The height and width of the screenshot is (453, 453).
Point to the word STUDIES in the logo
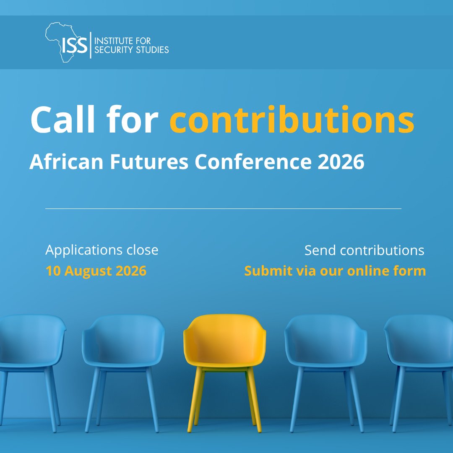pyautogui.click(x=152, y=49)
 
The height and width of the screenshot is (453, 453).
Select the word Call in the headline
pyautogui.click(x=62, y=119)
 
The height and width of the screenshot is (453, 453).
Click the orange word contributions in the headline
pyautogui.click(x=292, y=119)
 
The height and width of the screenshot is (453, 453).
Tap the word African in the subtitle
pyautogui.click(x=66, y=161)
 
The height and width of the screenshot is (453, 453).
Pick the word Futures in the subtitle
pyautogui.click(x=149, y=161)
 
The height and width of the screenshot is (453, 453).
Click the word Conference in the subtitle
pyautogui.click(x=253, y=161)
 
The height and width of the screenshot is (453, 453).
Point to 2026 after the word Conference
pyautogui.click(x=341, y=161)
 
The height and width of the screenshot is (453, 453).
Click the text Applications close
pyautogui.click(x=102, y=250)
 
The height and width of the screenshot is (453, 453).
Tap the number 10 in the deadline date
pyautogui.click(x=53, y=271)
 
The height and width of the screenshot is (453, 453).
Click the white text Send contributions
pyautogui.click(x=364, y=250)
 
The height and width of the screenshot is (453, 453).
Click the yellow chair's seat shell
pyautogui.click(x=225, y=341)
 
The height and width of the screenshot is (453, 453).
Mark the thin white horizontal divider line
pyautogui.click(x=223, y=208)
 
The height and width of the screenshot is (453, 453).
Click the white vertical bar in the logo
pyautogui.click(x=91, y=45)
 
